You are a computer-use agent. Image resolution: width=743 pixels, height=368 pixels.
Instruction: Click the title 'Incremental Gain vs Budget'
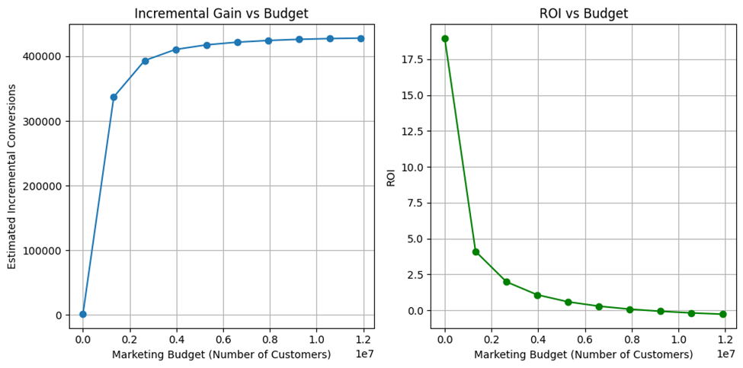tap(221, 13)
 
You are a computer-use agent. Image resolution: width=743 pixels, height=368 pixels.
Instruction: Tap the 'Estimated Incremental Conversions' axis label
tap(12, 176)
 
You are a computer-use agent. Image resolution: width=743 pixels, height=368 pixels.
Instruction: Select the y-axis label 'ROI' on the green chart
tap(391, 176)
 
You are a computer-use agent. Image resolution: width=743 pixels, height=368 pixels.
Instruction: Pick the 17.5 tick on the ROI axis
tap(412, 59)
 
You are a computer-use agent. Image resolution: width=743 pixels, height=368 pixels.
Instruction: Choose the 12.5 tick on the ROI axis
tap(412, 131)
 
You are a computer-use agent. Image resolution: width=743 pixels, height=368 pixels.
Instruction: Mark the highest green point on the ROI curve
tap(445, 38)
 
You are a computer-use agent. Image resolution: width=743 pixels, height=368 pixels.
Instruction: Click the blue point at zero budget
tap(83, 314)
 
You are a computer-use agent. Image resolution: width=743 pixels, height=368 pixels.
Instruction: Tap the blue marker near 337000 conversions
tap(114, 97)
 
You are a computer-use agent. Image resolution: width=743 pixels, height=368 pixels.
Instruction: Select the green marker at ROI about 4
tap(476, 251)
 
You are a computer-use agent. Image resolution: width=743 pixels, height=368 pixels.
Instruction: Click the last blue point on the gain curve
tap(360, 38)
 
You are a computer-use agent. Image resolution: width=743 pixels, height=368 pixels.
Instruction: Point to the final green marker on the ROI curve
tap(722, 314)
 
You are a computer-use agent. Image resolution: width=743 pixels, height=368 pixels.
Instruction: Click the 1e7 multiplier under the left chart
tap(364, 354)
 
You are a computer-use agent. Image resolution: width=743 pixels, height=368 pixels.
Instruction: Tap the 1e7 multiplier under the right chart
tap(725, 354)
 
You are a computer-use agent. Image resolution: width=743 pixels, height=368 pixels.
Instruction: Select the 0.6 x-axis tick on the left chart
tap(223, 339)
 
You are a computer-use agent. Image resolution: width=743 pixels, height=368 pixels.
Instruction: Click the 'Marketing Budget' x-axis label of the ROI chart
tap(583, 354)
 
